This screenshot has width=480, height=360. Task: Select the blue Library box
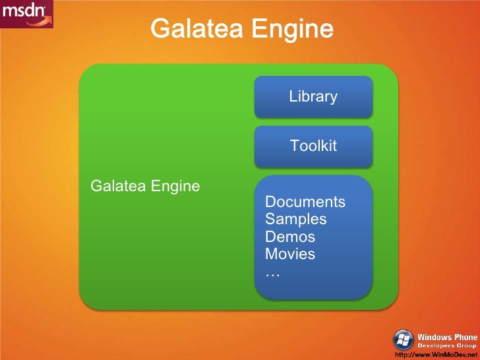click(314, 96)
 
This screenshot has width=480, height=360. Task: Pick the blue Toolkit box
click(314, 146)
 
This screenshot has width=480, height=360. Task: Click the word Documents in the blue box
click(305, 202)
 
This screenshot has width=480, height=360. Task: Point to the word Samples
click(296, 219)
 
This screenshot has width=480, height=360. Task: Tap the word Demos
click(290, 237)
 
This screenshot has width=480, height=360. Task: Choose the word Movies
click(290, 254)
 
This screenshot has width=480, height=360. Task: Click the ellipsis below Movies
click(272, 272)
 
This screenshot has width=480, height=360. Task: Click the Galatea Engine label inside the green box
click(144, 186)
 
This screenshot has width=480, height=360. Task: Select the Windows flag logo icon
click(404, 340)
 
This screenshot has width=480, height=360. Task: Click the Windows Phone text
click(448, 338)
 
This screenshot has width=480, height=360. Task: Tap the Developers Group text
click(448, 346)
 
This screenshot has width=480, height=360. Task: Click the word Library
click(313, 97)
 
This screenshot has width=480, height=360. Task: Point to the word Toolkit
click(313, 146)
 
